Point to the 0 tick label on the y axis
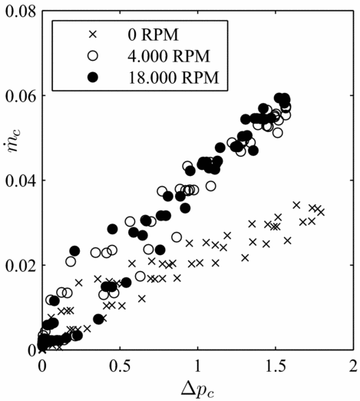point(31,350)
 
